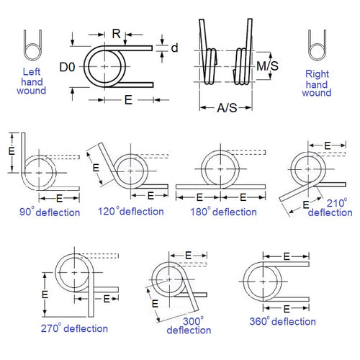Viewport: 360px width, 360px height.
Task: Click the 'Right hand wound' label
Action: point(317,83)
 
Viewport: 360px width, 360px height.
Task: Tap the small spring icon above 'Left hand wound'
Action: point(31,46)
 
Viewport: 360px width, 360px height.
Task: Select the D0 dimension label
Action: point(67,66)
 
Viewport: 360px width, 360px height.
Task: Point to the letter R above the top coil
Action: point(117,33)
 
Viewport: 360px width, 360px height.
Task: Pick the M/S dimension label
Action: point(268,66)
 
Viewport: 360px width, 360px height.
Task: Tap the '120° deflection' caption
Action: point(131,212)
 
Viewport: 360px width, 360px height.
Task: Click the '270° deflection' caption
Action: point(74,328)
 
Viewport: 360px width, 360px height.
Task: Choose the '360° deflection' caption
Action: point(282,322)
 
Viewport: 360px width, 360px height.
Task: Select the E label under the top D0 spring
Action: point(127,102)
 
